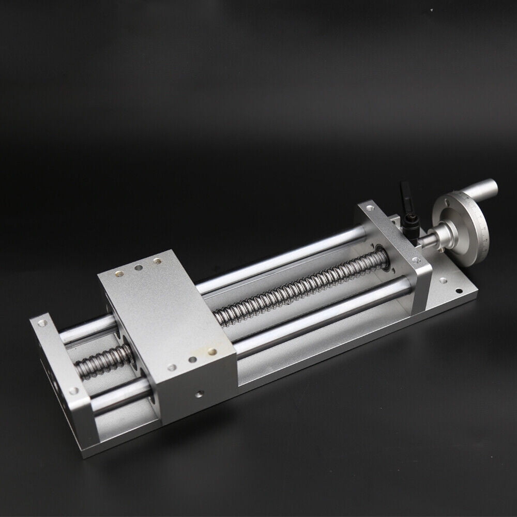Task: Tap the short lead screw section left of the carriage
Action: click(x=103, y=362)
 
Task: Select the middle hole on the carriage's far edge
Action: click(x=139, y=268)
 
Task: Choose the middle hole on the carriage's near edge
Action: click(x=192, y=360)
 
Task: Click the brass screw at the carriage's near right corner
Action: click(x=212, y=352)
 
